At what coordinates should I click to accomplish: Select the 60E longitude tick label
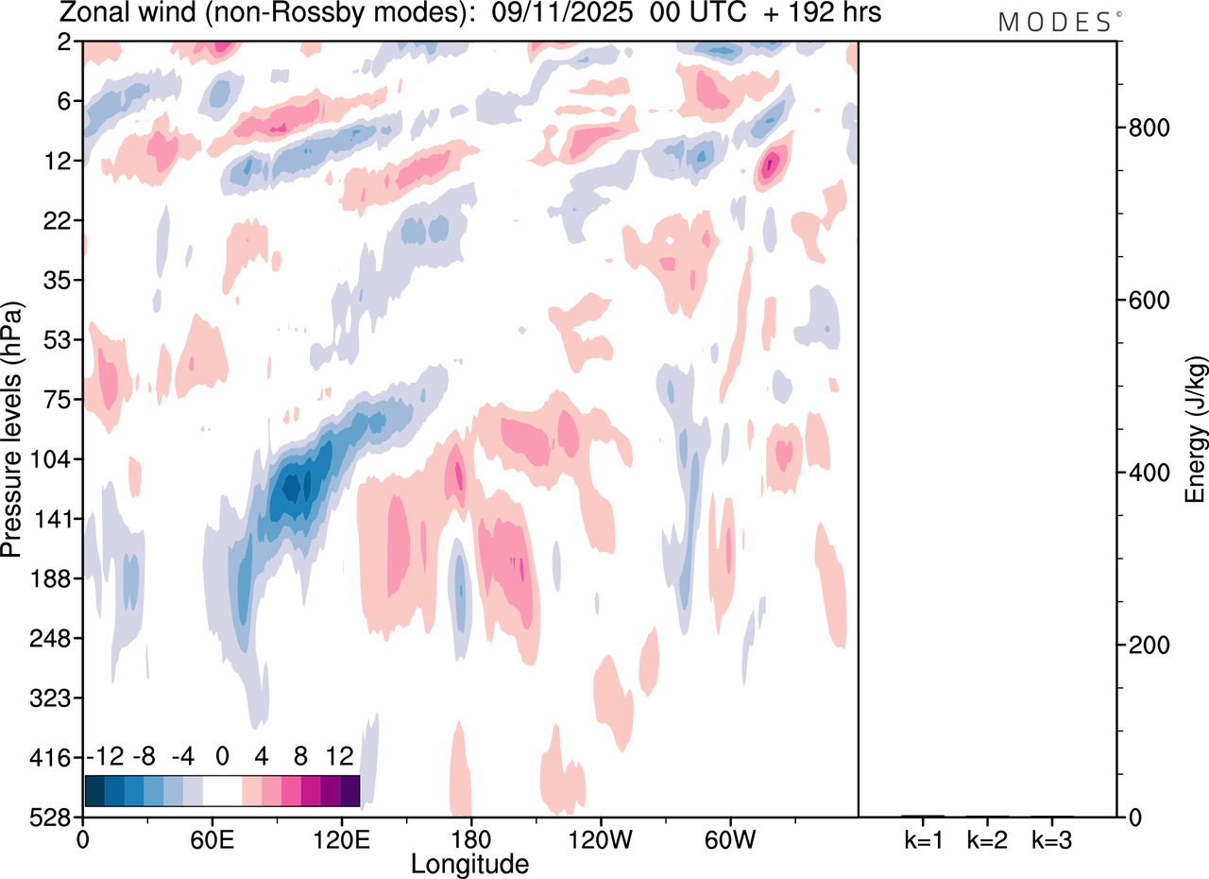point(212,838)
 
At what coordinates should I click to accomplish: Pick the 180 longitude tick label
point(469,838)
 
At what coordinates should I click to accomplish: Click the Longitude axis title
point(469,863)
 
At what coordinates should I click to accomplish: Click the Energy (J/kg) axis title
point(1196,429)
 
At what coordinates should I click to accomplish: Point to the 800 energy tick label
point(1146,129)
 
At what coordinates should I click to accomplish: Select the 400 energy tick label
point(1146,473)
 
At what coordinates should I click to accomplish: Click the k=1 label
point(924,838)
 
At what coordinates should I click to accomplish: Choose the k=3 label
point(1050,838)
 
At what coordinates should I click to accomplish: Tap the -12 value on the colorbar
point(105,756)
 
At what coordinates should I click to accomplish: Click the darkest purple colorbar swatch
point(349,790)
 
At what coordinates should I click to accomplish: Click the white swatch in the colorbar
point(222,790)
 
